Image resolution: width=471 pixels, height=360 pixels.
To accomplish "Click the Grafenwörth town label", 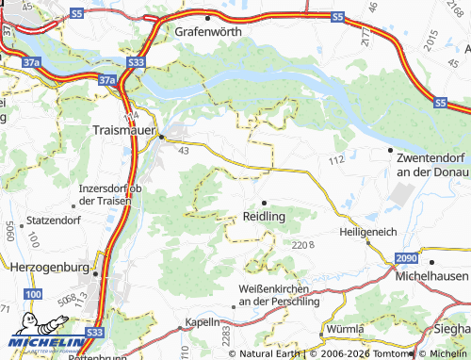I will (x=208, y=31).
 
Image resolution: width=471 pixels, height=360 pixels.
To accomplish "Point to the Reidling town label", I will (x=265, y=216).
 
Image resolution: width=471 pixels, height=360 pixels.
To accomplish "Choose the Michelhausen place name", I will (x=432, y=274).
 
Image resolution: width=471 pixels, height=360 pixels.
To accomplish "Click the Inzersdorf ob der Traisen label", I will (x=110, y=194).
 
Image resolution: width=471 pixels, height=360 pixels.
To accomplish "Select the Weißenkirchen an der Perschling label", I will (x=280, y=295).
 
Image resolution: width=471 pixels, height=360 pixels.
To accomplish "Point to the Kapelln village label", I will (x=202, y=321).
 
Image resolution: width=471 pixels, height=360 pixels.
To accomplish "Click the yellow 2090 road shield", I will (x=405, y=259).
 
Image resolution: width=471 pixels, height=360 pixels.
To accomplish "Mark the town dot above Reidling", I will (x=265, y=203).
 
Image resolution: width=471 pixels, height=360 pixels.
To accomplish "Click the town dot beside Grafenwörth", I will (x=208, y=17).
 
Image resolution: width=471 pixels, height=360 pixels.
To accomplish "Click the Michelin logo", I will (x=41, y=343).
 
